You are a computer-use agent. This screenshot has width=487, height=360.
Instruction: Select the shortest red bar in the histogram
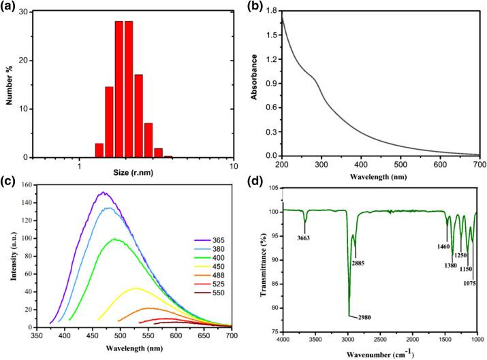click(168, 157)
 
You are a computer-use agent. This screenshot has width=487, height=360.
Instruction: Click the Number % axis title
click(10, 80)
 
